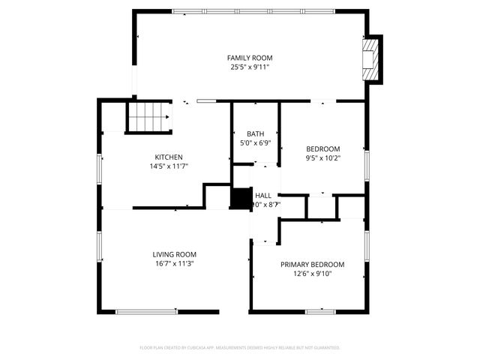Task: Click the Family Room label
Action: click(x=250, y=58)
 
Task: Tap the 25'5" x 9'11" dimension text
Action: click(x=250, y=67)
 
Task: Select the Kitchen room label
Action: click(x=169, y=157)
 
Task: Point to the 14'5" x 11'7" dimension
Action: click(x=169, y=166)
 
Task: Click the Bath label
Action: click(x=255, y=134)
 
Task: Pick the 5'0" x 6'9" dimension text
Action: click(x=255, y=143)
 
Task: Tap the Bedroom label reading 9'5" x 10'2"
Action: click(x=322, y=148)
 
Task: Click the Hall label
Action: click(x=262, y=195)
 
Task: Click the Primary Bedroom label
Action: click(x=312, y=265)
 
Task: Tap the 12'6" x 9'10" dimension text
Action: click(x=312, y=274)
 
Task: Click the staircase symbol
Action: click(x=148, y=116)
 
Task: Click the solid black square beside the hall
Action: click(x=240, y=199)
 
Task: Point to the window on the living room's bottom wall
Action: click(x=145, y=312)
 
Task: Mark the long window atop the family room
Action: click(x=250, y=11)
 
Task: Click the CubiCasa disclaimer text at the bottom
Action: click(x=240, y=348)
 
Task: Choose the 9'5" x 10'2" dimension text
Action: click(x=322, y=158)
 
